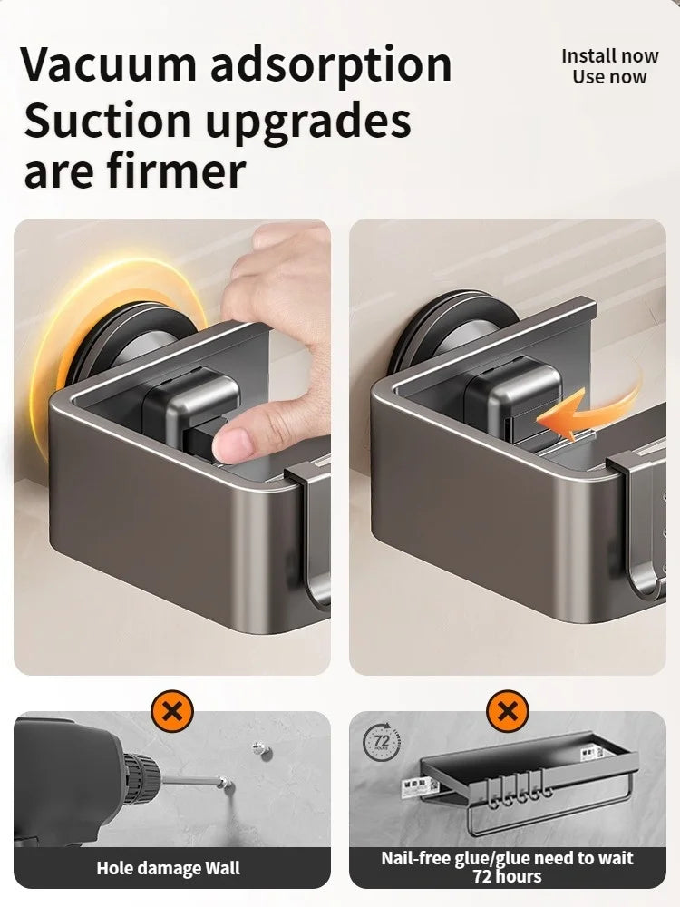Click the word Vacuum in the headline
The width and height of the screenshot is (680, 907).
click(109, 63)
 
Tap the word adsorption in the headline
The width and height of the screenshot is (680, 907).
click(331, 63)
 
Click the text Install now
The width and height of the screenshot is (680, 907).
click(609, 56)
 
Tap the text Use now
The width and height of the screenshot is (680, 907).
click(609, 77)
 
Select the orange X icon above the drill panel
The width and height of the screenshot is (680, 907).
click(171, 710)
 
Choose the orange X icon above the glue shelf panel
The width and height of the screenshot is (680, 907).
click(507, 710)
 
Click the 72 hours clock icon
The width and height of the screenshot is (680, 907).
click(382, 742)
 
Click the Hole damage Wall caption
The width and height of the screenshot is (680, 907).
click(169, 868)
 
